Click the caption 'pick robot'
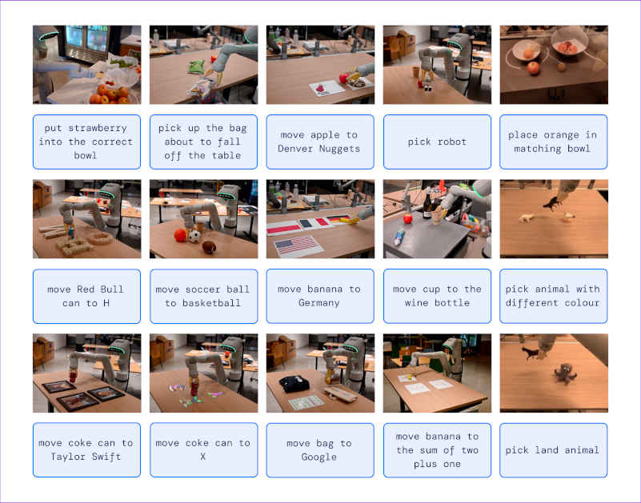[437, 142]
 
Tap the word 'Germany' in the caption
[318, 303]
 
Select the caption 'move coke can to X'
[203, 449]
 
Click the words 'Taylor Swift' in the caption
[86, 457]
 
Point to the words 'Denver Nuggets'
[318, 149]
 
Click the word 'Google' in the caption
[318, 457]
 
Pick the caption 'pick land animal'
[552, 450]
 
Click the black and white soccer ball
[194, 236]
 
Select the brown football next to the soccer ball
[209, 247]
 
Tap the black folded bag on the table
[294, 384]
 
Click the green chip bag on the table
[196, 66]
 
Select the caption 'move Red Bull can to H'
[86, 296]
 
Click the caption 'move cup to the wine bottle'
[437, 296]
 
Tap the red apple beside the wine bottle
[407, 219]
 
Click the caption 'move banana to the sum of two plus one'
[437, 450]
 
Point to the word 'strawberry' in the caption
[98, 128]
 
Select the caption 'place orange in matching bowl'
[552, 142]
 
